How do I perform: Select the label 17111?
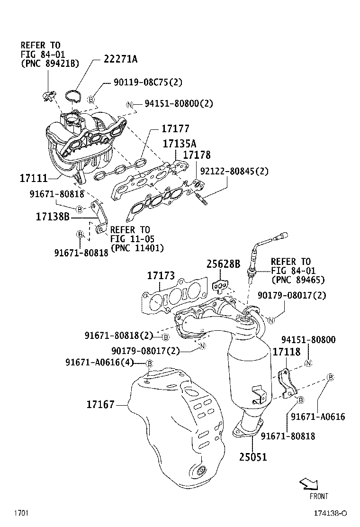point(34,178)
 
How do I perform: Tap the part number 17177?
point(175,129)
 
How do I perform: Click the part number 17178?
point(197,155)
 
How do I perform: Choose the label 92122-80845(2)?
point(234,171)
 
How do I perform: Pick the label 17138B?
point(53,217)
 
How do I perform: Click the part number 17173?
point(161,275)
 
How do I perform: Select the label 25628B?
point(223,263)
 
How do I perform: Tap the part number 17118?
point(286,352)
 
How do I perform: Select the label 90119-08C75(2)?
point(141,82)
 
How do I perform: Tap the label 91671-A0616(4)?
point(99,363)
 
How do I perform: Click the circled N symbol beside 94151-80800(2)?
point(129,105)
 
